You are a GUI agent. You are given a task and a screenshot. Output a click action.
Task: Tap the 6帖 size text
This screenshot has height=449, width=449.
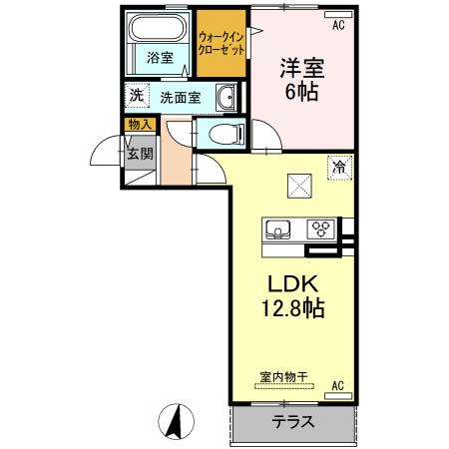point(303,93)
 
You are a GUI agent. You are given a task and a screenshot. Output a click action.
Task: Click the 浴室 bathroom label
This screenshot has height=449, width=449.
point(159,57)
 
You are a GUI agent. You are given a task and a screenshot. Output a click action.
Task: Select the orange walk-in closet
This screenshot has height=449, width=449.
point(223,42)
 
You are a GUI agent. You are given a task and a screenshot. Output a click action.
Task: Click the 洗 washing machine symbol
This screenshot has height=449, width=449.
point(136,96)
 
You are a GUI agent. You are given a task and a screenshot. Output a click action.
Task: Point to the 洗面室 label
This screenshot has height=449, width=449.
point(181,99)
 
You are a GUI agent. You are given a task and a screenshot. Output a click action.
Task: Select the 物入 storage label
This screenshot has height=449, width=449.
point(139,125)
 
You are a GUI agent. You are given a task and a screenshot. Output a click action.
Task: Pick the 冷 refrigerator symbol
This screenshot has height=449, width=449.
point(340,168)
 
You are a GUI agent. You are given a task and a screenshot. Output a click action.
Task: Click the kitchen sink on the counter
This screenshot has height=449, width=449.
point(276,226)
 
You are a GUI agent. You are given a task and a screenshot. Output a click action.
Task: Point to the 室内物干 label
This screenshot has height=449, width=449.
point(283,377)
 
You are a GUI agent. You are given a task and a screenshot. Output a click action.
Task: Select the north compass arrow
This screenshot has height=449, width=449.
point(174,422)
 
